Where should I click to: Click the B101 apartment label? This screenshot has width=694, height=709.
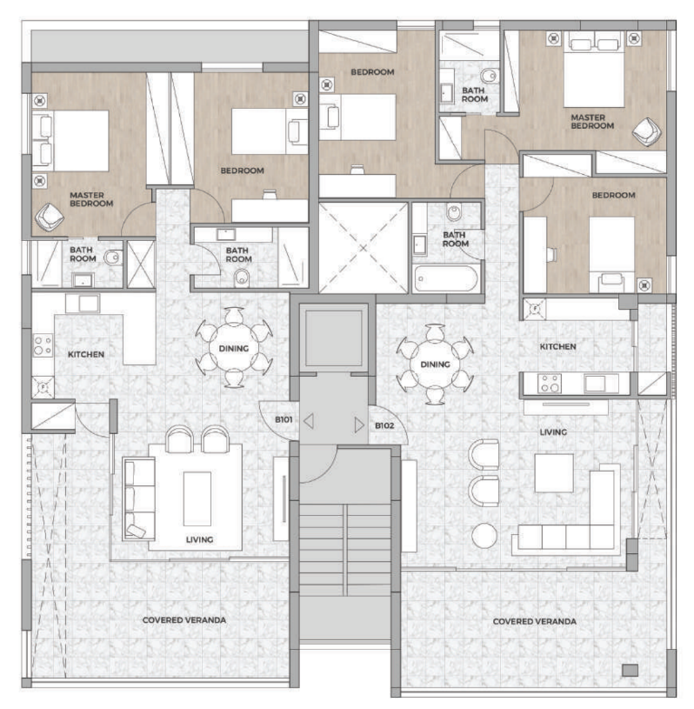[x=284, y=419]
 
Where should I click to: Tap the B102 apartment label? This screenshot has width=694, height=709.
[x=384, y=425]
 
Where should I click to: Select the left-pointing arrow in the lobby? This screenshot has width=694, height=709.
[x=309, y=421]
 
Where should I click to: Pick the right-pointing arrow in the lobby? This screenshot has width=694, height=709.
[x=359, y=425]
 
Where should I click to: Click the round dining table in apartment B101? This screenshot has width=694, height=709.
[x=234, y=348]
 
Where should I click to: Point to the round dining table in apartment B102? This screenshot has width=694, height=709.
[x=435, y=365]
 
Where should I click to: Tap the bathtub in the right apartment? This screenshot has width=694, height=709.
[x=446, y=278]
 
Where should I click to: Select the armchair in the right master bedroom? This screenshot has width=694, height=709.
[x=646, y=131]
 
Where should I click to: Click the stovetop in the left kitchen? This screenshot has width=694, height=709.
[x=43, y=345]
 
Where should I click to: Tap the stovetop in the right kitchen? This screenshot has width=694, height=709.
[x=550, y=384]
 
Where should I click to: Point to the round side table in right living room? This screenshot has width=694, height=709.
[x=484, y=535]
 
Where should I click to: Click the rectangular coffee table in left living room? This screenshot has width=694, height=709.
[x=197, y=498]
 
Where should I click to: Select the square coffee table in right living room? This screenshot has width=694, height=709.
[x=554, y=473]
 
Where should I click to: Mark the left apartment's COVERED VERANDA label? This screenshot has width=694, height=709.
[x=184, y=620]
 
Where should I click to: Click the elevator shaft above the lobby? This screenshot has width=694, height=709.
[x=334, y=338]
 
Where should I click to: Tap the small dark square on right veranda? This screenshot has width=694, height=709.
[x=630, y=670]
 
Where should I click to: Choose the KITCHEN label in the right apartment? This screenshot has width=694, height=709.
[x=558, y=346]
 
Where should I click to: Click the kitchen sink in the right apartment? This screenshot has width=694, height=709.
[x=595, y=384]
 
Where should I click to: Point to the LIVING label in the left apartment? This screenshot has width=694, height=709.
[x=199, y=539]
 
